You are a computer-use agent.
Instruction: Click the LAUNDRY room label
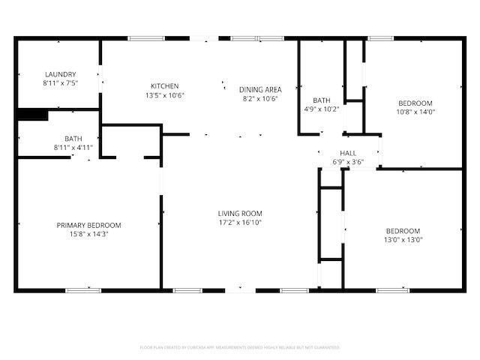(61, 74)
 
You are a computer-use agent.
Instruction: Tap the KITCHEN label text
(164, 85)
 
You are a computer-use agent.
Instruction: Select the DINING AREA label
(260, 89)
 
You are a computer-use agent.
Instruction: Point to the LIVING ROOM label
(240, 213)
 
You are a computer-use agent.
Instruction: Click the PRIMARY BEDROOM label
(88, 225)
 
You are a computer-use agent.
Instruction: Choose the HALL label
(347, 153)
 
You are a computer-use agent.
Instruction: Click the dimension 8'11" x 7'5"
(61, 83)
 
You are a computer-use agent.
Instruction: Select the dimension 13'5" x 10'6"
(164, 95)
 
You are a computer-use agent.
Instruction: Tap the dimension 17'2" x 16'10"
(240, 223)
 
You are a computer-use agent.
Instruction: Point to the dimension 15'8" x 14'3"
(88, 234)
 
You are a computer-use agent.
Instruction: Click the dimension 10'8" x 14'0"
(415, 112)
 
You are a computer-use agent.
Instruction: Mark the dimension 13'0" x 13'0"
(404, 240)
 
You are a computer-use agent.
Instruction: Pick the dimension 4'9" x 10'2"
(322, 109)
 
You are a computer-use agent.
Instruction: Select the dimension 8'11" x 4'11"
(73, 148)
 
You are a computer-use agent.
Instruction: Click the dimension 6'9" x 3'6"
(347, 162)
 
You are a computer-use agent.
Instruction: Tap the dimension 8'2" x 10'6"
(260, 98)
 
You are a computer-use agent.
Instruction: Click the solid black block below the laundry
(31, 115)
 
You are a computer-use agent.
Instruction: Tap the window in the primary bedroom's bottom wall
(83, 290)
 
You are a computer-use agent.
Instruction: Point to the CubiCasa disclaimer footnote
(240, 347)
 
